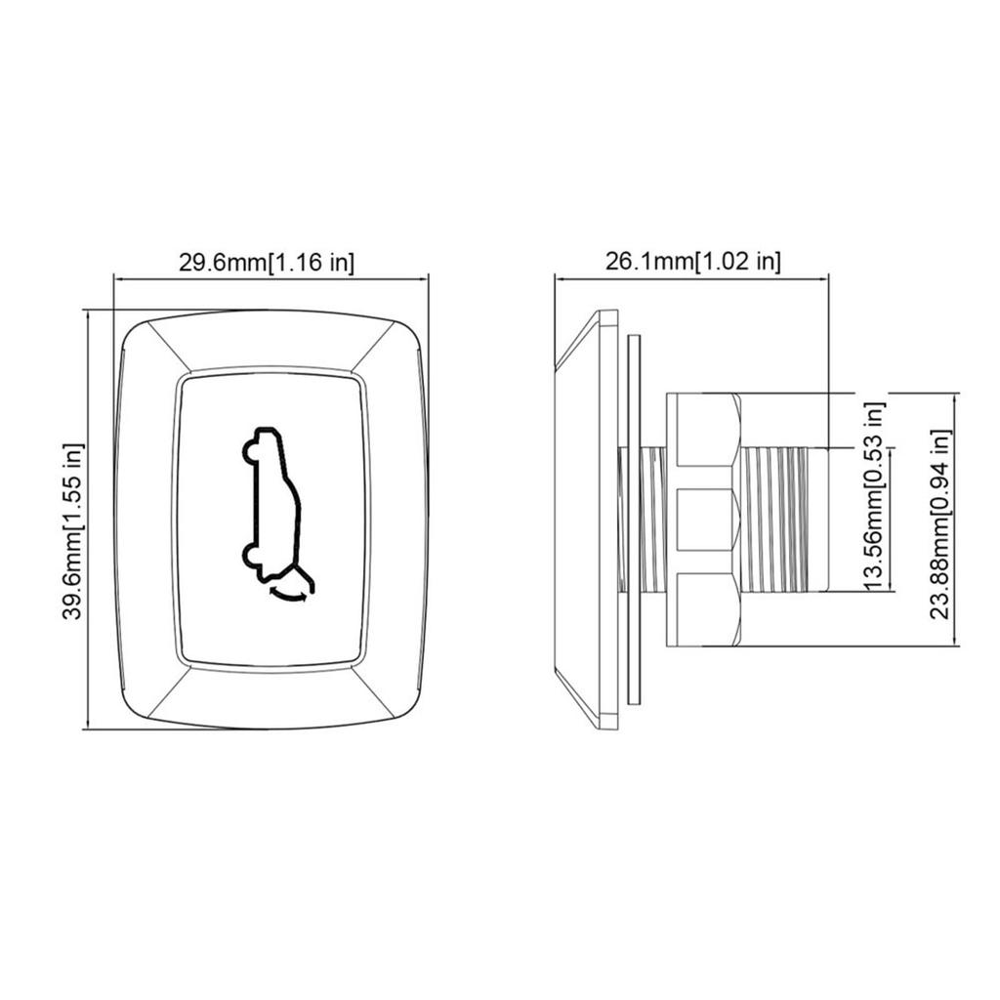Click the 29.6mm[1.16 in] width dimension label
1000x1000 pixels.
pyautogui.click(x=266, y=262)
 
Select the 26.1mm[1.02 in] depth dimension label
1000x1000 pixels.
pyautogui.click(x=693, y=262)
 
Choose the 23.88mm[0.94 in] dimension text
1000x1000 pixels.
pyautogui.click(x=939, y=523)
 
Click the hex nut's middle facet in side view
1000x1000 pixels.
pyautogui.click(x=703, y=520)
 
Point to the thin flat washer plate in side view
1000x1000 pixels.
pyautogui.click(x=633, y=520)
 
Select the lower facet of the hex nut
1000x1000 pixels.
pyautogui.click(x=703, y=610)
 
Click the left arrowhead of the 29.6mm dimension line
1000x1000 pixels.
pyautogui.click(x=118, y=277)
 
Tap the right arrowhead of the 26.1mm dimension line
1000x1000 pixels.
pyautogui.click(x=825, y=277)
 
